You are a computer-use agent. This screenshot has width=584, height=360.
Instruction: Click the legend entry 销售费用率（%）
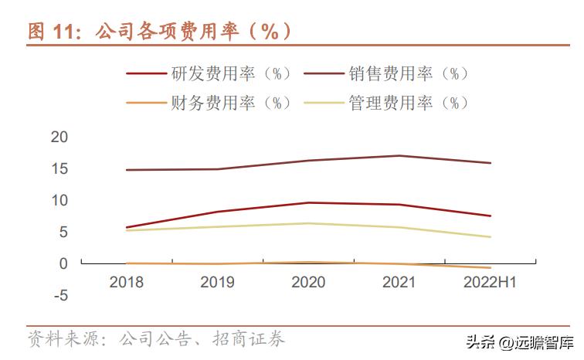pos(409,74)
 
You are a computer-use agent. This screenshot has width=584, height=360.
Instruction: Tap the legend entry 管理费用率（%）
pos(409,103)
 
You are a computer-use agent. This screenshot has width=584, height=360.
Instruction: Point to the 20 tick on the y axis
pos(59,138)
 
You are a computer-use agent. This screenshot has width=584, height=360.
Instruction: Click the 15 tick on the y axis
pos(59,169)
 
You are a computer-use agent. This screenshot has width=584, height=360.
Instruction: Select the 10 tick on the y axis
pos(59,201)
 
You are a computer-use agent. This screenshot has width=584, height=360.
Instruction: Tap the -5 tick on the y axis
pos(59,295)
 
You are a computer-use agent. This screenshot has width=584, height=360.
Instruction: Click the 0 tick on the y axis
pos(64,263)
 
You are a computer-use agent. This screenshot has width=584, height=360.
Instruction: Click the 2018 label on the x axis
pos(126,283)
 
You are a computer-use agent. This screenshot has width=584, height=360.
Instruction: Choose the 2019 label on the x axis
pos(217,283)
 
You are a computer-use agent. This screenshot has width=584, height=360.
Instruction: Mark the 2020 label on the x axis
pos(308,283)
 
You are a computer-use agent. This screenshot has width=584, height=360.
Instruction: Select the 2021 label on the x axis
pos(399,283)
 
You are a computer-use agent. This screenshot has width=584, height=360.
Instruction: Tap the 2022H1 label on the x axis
pos(491,283)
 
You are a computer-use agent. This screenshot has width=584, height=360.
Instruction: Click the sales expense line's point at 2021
pos(399,156)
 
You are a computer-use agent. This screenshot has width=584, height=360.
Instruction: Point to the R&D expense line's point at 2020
pos(308,202)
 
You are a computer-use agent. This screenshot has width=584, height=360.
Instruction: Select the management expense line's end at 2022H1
pos(491,237)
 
